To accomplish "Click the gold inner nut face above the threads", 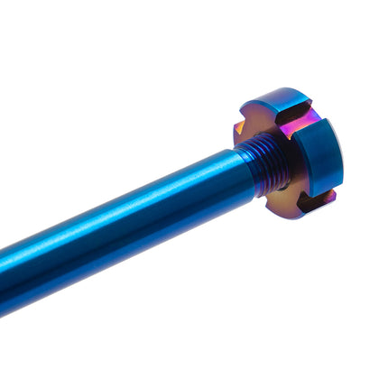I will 262,122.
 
